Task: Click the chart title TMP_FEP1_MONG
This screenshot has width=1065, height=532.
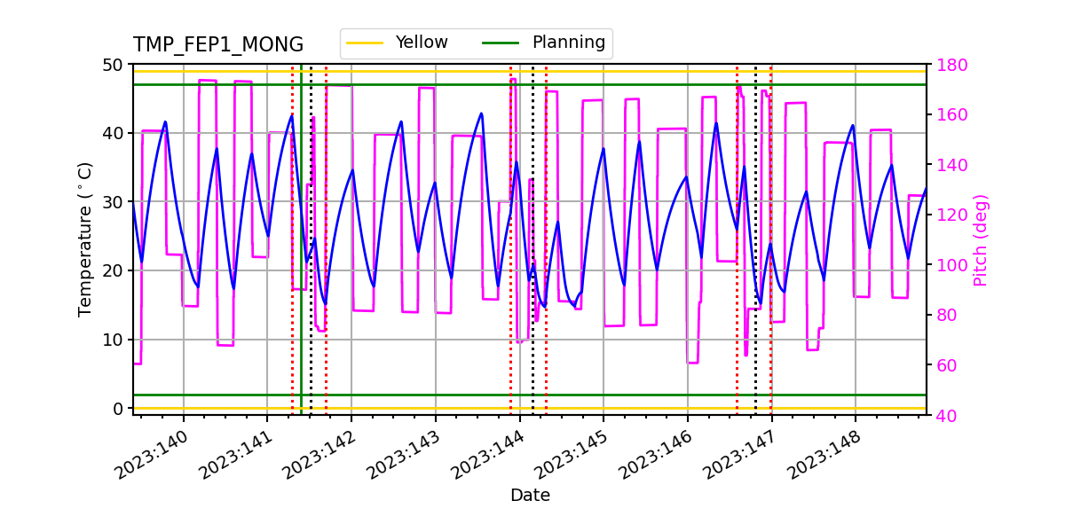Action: coord(218,45)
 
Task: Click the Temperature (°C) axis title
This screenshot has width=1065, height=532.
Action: coord(85,239)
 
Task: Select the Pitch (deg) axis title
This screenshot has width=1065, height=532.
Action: coord(981,239)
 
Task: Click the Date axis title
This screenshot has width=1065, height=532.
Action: coord(530,496)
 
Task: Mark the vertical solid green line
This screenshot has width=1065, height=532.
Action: coord(301,266)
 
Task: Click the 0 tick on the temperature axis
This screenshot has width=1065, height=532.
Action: coord(117,409)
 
